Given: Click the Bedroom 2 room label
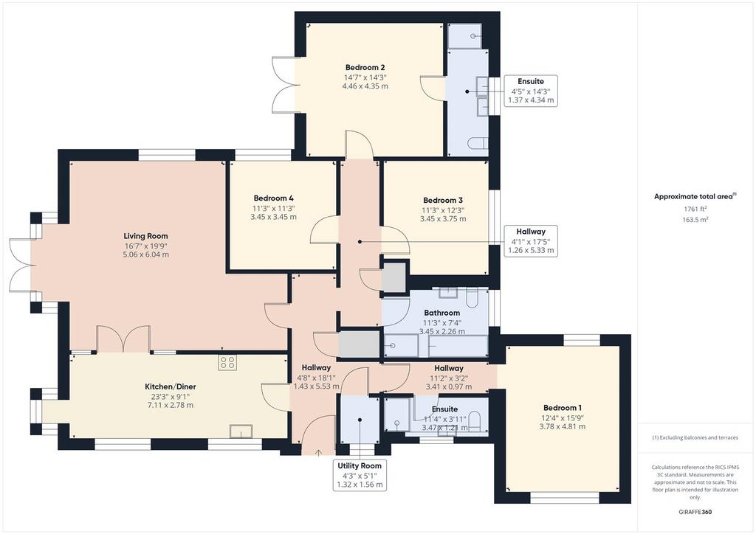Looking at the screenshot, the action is coord(365,67).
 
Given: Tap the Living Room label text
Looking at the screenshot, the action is coord(145,236).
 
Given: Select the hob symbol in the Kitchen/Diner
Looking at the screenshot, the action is coord(227,363).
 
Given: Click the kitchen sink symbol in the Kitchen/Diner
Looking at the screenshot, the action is coord(242,431).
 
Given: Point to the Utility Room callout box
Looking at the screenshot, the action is coord(360,475).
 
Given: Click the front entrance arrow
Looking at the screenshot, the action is coord(318,452).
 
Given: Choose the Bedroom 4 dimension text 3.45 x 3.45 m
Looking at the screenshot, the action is coord(273,217).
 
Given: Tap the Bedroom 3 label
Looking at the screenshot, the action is coord(443,201).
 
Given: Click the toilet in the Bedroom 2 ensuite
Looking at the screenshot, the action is coord(478,144).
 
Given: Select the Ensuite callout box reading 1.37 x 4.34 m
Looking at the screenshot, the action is coord(531,91).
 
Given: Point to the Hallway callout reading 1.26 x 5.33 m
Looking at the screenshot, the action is coord(531,240).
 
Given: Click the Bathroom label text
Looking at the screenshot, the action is coord(441,313).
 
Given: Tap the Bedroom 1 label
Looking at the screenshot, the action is coord(563,408).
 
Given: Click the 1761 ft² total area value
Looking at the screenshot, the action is coord(695,209).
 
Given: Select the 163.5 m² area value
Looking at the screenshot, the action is coord(695,220).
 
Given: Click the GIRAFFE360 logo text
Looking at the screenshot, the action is coord(695,512).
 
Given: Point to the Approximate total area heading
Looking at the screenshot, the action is coord(695,196).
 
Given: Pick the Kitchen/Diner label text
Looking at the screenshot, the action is coord(171,386).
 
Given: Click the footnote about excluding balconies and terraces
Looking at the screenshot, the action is coord(695,437).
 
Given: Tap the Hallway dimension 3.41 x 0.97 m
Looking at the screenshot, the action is coord(449,386).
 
